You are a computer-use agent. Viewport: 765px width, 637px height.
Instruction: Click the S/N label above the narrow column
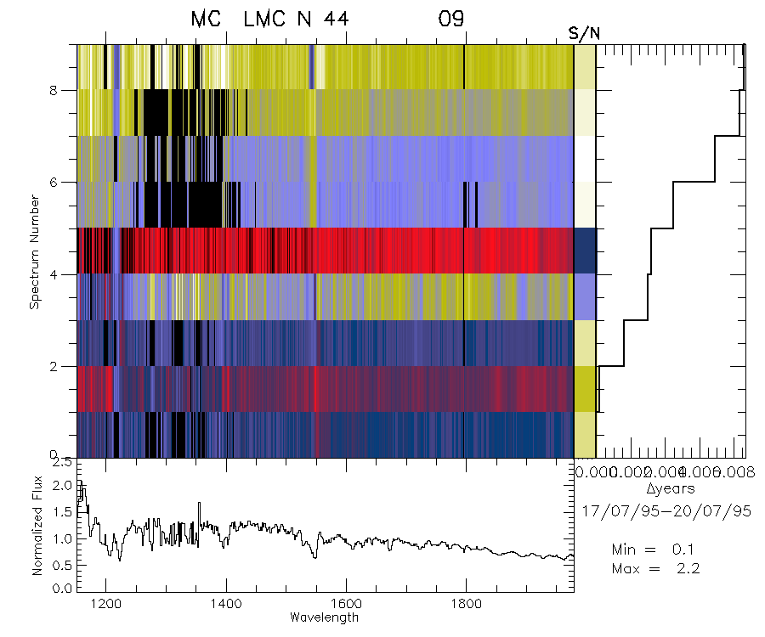click(x=584, y=33)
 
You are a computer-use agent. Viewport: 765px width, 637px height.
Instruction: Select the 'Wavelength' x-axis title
click(x=324, y=617)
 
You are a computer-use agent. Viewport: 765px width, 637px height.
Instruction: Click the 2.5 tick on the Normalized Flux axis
click(x=61, y=464)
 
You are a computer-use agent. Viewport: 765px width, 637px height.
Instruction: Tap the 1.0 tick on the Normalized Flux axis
click(x=61, y=539)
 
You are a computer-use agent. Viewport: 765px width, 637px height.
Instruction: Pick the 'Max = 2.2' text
click(x=654, y=568)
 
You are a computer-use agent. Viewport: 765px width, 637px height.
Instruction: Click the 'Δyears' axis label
click(x=671, y=489)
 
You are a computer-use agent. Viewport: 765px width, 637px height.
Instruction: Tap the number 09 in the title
click(x=451, y=19)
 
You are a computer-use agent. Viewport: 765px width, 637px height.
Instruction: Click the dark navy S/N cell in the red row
click(x=585, y=251)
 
